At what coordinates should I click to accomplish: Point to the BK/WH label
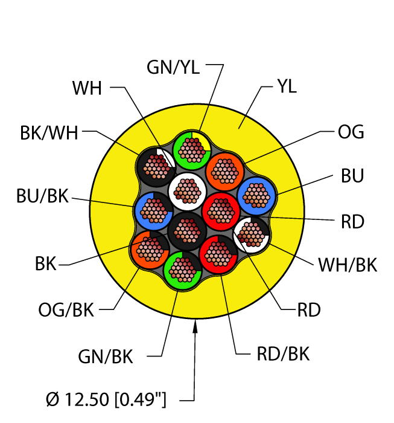49,132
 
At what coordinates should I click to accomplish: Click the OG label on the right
350,132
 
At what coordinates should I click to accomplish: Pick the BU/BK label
42,196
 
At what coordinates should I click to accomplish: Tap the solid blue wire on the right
256,195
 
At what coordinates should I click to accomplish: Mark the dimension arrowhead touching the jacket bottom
195,327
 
